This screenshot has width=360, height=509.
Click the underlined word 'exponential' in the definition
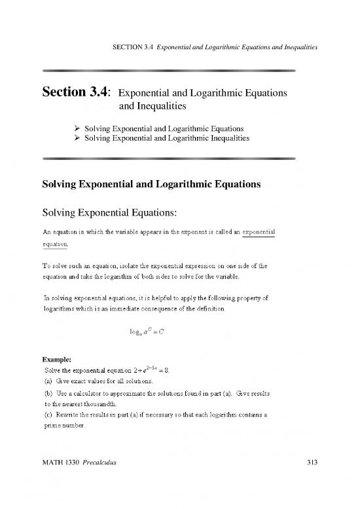259,232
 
